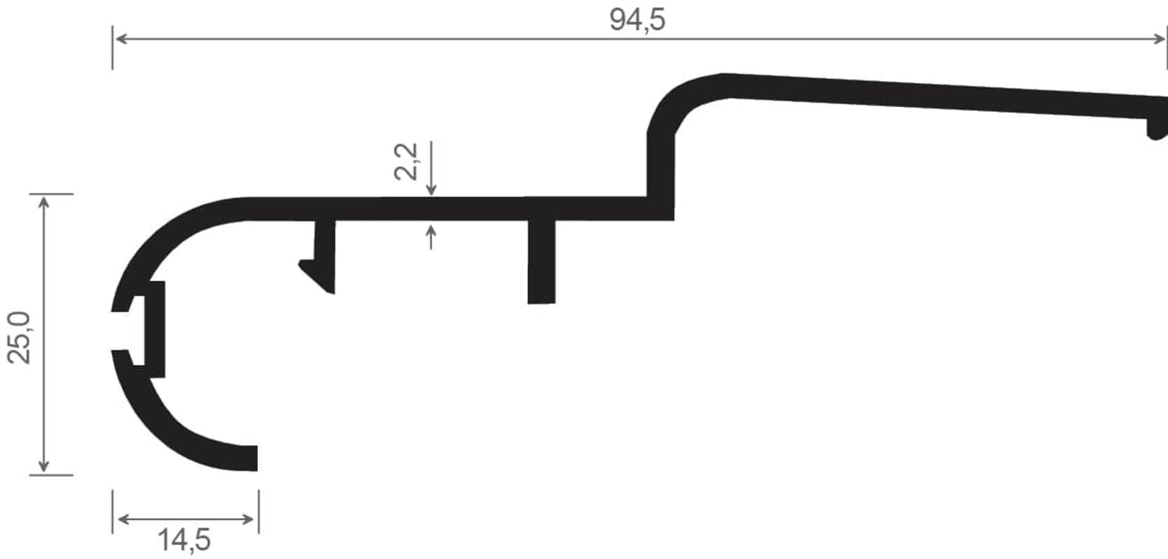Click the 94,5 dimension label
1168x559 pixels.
click(x=637, y=20)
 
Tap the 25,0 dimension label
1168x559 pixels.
click(x=20, y=337)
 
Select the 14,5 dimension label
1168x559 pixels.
click(x=184, y=540)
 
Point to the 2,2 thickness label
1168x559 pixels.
click(x=406, y=161)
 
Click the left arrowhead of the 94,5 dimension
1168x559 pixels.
click(x=120, y=39)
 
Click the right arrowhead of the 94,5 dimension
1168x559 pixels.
click(x=1159, y=39)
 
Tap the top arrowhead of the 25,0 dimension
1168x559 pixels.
click(x=44, y=202)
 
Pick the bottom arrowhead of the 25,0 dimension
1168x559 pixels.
click(x=44, y=466)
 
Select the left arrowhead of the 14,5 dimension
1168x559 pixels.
click(x=124, y=519)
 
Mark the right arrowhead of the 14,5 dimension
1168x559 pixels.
click(x=248, y=519)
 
